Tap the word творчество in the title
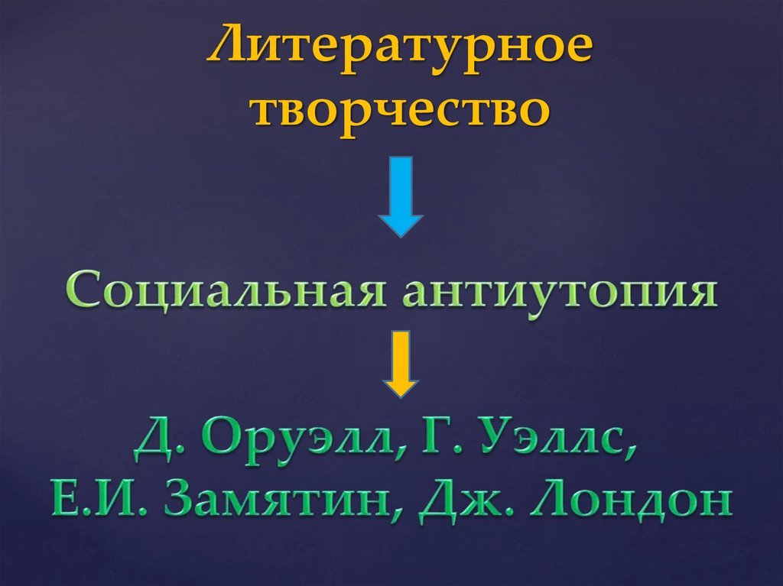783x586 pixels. click(401, 110)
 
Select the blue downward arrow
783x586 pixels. click(401, 196)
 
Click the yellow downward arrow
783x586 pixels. click(401, 363)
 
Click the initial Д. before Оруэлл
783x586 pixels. click(157, 445)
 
